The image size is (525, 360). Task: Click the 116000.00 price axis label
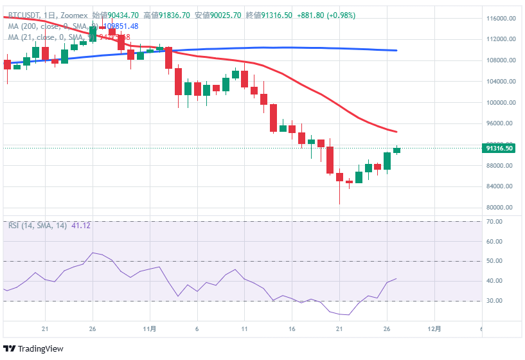[x=503, y=19]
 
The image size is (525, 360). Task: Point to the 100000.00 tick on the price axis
[x=503, y=103]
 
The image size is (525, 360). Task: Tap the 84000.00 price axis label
[x=503, y=187]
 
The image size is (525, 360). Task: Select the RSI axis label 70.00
[x=494, y=222]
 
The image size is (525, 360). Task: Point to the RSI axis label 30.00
[x=494, y=301]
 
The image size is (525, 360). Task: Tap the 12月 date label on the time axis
[x=434, y=328]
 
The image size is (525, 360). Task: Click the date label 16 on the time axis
[x=292, y=328]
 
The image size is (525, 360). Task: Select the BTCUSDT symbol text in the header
[x=24, y=15]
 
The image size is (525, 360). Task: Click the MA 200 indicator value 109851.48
[x=121, y=26]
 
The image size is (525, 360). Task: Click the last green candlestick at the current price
[x=396, y=150]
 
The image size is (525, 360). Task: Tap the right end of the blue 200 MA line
[x=396, y=50]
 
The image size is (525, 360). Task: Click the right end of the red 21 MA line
[x=396, y=132]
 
